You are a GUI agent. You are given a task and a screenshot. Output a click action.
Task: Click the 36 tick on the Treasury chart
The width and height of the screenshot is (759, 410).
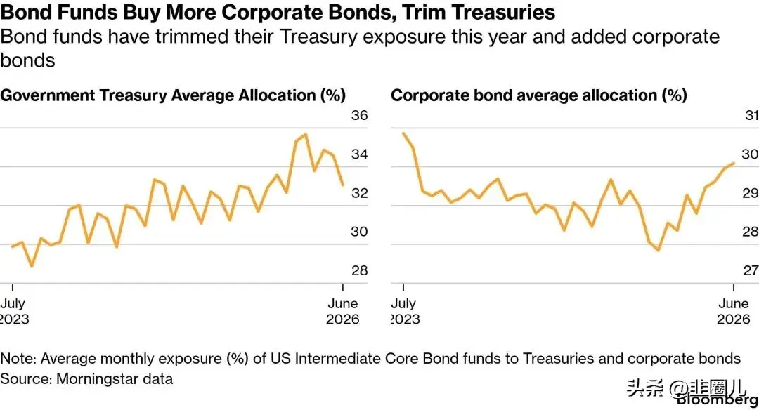coord(359,116)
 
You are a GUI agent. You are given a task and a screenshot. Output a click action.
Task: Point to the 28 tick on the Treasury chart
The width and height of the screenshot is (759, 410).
coord(359,270)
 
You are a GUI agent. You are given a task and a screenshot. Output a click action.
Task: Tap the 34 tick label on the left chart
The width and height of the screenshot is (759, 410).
coord(359,154)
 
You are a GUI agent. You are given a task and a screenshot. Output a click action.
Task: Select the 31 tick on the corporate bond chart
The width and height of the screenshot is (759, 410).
coord(752,116)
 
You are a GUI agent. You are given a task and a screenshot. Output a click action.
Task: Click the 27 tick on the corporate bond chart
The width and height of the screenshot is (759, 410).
coord(751,270)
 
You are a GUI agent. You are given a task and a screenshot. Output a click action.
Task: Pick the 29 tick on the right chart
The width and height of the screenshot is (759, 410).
coord(751,193)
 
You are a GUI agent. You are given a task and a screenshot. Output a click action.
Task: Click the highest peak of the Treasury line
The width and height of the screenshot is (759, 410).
coord(305,134)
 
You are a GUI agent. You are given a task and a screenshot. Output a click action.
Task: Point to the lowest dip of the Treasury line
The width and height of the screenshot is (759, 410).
coord(32,266)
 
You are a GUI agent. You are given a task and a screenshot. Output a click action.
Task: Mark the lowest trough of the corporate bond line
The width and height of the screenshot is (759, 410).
coord(659,250)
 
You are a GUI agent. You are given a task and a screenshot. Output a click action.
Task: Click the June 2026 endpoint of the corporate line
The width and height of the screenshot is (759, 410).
coord(734,164)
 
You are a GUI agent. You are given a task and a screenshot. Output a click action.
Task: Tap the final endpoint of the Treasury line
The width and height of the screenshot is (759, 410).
coord(343,185)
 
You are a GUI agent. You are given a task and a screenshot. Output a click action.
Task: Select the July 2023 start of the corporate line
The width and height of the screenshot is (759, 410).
coord(403,133)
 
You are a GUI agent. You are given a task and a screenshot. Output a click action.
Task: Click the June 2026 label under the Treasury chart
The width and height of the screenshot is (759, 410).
coord(343,311)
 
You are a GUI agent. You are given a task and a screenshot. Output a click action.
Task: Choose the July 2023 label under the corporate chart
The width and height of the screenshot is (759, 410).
coord(406,311)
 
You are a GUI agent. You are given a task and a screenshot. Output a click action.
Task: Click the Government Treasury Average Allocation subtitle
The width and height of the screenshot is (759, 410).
coord(174,95)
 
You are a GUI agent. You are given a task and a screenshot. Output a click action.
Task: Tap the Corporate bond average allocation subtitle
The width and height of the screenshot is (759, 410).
coord(539,95)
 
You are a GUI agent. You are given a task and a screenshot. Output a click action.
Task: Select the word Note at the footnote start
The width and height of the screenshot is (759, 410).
coord(18,358)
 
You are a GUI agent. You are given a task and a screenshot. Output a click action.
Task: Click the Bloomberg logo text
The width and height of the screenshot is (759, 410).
coord(718,399)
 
